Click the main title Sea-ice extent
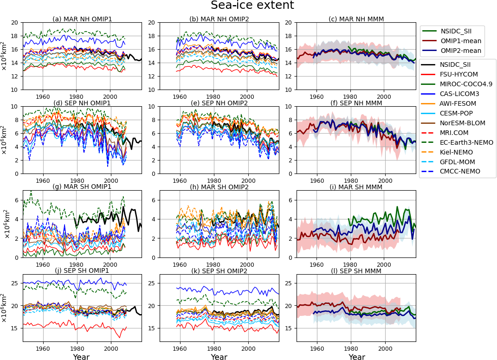pyautogui.click(x=252, y=6)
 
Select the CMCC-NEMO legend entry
pyautogui.click(x=460, y=171)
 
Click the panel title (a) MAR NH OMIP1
pyautogui.click(x=82, y=19)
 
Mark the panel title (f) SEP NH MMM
pyautogui.click(x=356, y=103)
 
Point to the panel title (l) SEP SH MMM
pyautogui.click(x=356, y=270)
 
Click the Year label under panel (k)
pyautogui.click(x=219, y=357)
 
